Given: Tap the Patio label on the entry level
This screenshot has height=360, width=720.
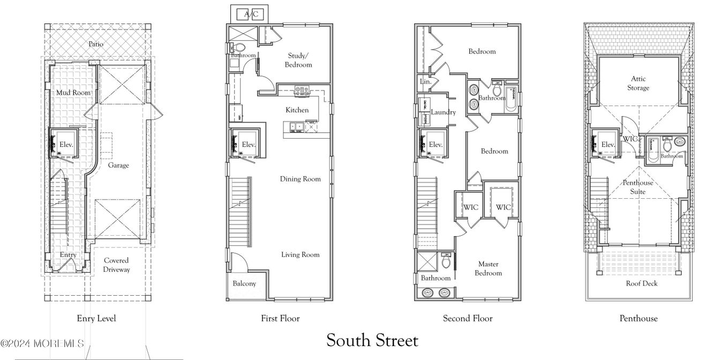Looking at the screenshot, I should coord(96,44).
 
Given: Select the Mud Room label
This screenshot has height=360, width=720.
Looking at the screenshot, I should coord(73,93).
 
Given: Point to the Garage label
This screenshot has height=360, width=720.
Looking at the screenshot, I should coord(118,166).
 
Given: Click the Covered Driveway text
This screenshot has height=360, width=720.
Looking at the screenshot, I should coord(116,265).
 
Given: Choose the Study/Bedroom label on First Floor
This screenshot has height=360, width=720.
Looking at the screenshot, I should coord(299,59).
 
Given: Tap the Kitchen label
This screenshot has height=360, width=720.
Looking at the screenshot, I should coord(297,110).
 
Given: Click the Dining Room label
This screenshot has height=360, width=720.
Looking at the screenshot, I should coord(300,179).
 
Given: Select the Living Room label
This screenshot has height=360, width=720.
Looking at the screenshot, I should coord(300,254).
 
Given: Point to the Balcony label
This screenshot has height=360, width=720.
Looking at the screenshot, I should coord(244,283).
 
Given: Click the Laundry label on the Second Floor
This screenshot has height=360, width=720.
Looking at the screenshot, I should coord(443,112).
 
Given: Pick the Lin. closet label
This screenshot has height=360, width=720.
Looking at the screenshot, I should coord(425,82).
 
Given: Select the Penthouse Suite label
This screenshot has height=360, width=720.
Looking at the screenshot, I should coord(637,187).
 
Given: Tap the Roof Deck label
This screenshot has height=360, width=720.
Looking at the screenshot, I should coord(641,283).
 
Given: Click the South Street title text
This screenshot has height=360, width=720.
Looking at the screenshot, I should coord(372,340).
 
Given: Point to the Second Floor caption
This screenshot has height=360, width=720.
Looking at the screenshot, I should coord(467,318).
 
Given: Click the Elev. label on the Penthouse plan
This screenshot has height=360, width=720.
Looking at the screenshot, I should coord(607,145).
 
